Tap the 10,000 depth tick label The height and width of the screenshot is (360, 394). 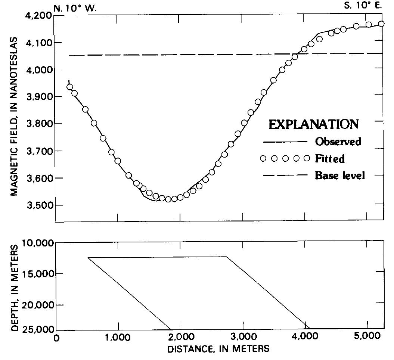pyautogui.click(x=38, y=243)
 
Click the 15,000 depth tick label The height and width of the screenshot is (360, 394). pyautogui.click(x=38, y=274)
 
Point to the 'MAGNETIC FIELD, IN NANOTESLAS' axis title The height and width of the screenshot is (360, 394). pyautogui.click(x=14, y=116)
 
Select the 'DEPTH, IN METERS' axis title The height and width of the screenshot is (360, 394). pyautogui.click(x=14, y=288)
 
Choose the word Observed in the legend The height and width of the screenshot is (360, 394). pyautogui.click(x=338, y=142)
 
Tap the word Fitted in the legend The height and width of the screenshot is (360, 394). pyautogui.click(x=330, y=159)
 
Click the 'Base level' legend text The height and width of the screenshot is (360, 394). pyautogui.click(x=340, y=175)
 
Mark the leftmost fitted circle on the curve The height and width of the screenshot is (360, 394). pyautogui.click(x=69, y=87)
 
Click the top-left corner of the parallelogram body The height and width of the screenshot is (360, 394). pyautogui.click(x=88, y=257)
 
